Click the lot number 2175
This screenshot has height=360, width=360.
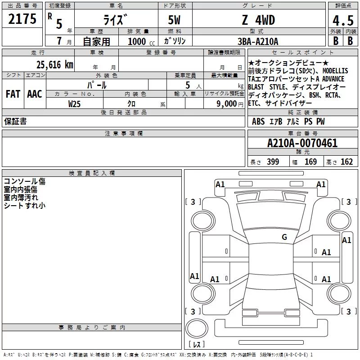coord(22,19)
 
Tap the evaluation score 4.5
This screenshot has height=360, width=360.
coord(343,20)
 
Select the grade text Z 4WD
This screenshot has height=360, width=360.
coord(258,20)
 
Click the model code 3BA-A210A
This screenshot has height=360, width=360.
coord(258,41)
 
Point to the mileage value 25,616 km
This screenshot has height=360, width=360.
coord(55,65)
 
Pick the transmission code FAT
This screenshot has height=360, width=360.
coord(13,94)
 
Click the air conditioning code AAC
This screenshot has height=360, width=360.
coord(35,94)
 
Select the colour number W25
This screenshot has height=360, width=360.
coord(74,104)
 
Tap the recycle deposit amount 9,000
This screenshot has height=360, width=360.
coord(227,104)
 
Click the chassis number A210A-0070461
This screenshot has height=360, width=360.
coord(302,143)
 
